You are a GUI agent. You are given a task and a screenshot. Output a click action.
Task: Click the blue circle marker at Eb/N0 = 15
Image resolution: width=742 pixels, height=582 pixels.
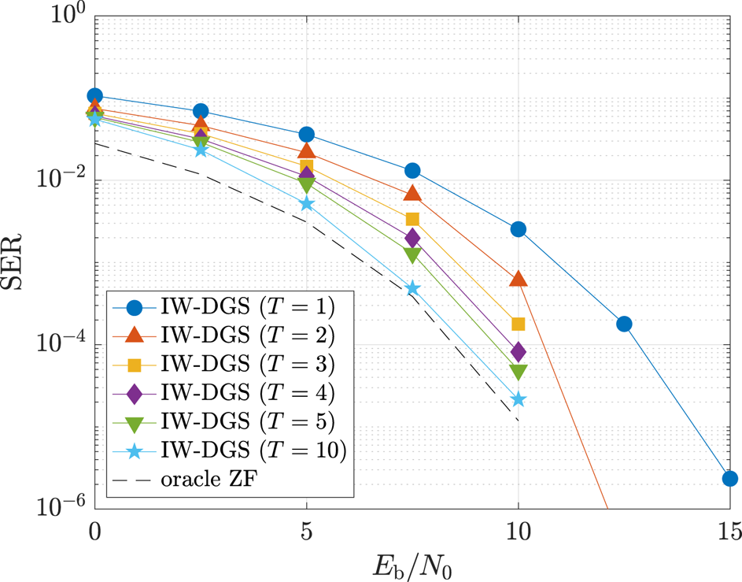pos(729,478)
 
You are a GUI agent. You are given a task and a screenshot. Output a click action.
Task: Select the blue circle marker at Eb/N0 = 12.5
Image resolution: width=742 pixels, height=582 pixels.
pos(624,324)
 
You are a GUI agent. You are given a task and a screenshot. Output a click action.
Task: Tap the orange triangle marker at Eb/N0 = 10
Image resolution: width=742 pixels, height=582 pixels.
pos(519,279)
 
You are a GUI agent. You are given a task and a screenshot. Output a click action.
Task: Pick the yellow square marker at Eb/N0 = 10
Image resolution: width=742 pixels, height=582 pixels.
pos(519,324)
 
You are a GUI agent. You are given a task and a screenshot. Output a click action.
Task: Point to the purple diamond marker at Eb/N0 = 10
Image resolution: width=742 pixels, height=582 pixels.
pos(519,351)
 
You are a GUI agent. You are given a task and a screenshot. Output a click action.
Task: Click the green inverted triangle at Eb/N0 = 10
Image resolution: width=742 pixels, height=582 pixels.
pos(519,372)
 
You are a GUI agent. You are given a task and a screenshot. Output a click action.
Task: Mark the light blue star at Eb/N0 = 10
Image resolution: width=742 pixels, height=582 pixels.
pos(519,399)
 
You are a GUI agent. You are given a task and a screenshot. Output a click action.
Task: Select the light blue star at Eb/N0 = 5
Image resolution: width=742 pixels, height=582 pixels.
pos(307,204)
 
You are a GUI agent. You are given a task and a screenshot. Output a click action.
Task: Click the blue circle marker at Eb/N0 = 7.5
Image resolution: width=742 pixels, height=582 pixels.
pos(412,171)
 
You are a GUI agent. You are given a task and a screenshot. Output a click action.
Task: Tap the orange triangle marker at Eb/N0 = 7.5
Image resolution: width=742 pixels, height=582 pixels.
pos(412,194)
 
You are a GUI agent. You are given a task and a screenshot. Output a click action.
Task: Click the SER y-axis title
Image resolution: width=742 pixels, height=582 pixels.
pos(17,259)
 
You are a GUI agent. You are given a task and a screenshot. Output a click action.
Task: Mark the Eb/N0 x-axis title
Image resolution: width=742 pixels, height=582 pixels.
pos(412,564)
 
